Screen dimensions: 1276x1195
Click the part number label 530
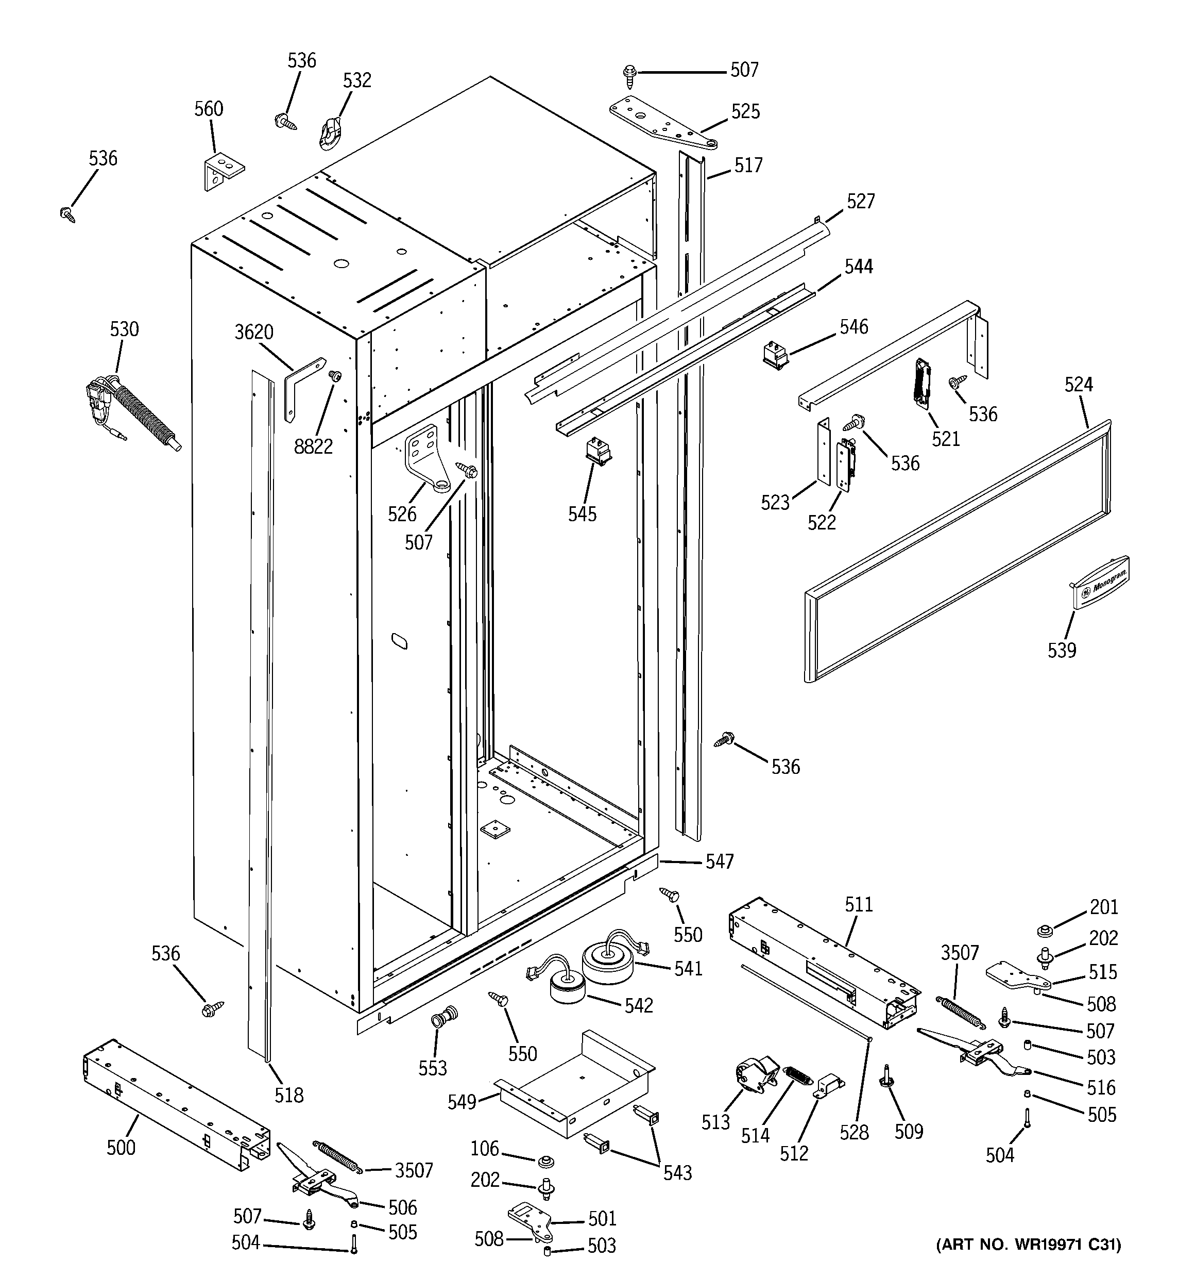(124, 329)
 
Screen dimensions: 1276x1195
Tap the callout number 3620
(253, 332)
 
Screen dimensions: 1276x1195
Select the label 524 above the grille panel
(1078, 385)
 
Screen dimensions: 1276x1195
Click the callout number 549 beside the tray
(462, 1120)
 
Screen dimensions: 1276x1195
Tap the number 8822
(313, 446)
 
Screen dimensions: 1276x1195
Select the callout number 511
(858, 904)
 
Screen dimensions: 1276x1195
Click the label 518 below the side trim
(288, 1095)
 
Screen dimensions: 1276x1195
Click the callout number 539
(1062, 650)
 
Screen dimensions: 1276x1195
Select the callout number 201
(1103, 907)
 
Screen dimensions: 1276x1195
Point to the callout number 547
(719, 861)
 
